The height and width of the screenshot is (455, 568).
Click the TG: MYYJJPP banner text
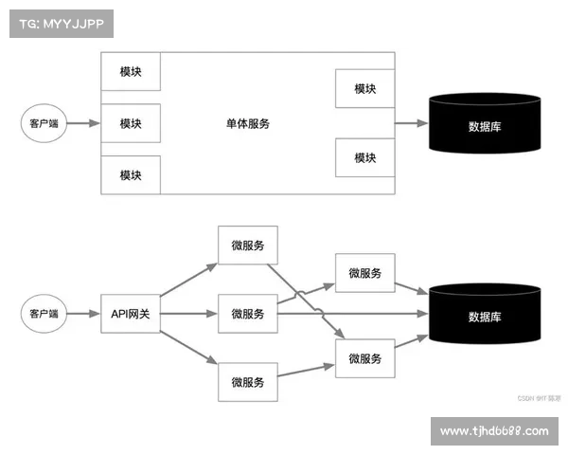pos(60,23)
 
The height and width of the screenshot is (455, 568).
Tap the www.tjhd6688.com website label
pos(493,431)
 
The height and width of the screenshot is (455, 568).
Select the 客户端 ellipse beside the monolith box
pos(44,123)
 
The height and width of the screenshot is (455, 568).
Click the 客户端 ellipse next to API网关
pos(44,313)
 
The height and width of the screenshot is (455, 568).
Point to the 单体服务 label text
pos(248,123)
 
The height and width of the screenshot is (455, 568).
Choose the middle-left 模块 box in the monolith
pos(131,123)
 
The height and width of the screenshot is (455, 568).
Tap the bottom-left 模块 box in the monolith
pos(131,174)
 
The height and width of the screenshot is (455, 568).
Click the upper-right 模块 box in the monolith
pos(364,89)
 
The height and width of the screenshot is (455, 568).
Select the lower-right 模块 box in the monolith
pos(364,157)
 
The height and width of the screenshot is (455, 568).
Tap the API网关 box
pos(131,314)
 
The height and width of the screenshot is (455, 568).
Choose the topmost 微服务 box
pos(247,246)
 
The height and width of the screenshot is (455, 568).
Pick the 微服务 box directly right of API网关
pos(247,314)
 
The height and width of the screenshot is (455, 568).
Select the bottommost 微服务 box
pos(247,383)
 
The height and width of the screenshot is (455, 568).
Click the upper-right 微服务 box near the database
pos(364,273)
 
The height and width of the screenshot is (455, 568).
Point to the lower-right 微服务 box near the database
pos(364,358)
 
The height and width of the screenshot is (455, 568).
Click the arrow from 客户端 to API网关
pos(83,313)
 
